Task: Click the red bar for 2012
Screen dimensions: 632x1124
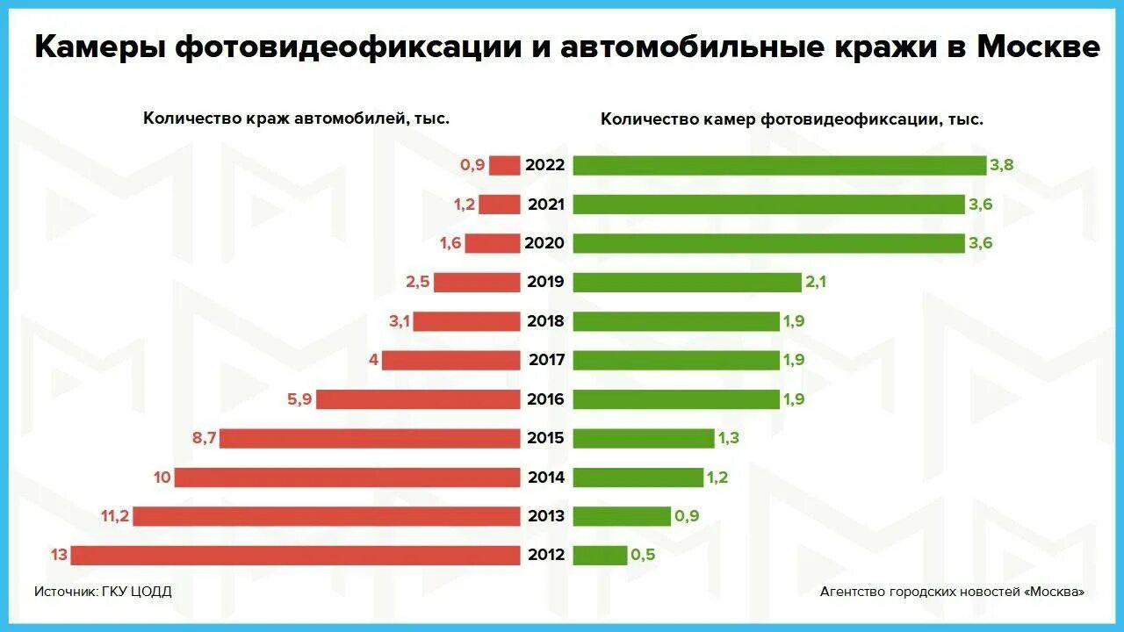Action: tap(296, 556)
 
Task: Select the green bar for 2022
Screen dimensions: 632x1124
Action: tap(780, 165)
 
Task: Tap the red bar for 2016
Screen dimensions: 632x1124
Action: tap(418, 399)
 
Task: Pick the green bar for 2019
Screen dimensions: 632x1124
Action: tap(688, 283)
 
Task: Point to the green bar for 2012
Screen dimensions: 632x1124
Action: tap(600, 556)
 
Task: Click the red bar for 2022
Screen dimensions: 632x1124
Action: tap(505, 165)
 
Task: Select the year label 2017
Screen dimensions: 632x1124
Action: tap(546, 360)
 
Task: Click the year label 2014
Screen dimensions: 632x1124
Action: tap(546, 478)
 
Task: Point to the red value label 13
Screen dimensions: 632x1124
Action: tap(58, 556)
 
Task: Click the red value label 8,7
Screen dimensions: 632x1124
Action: tap(205, 438)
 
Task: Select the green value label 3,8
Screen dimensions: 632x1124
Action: tap(1002, 165)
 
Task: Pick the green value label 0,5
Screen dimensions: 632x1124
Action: tap(642, 556)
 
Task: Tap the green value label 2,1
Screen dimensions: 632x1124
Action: tap(816, 283)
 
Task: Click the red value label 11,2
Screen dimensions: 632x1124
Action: tap(115, 516)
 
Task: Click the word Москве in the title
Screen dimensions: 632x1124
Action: tap(1038, 47)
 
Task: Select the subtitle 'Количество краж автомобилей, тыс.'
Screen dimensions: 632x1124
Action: tap(296, 118)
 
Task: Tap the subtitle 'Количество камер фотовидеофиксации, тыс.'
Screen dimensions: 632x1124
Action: tap(791, 119)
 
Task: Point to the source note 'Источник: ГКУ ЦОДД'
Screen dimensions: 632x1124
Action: tap(103, 592)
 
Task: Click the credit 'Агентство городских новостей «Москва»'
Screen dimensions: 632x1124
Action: tap(952, 592)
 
